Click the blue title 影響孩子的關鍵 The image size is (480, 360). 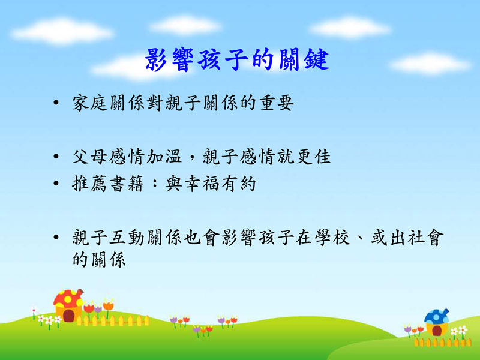(x=237, y=59)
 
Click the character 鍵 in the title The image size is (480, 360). (x=317, y=59)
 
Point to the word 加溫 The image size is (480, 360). (x=164, y=157)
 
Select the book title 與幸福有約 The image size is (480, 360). (x=211, y=184)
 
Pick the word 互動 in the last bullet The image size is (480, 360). (x=127, y=238)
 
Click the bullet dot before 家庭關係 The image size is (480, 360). (x=56, y=103)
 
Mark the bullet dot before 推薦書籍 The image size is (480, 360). (x=56, y=184)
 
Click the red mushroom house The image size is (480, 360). (x=68, y=305)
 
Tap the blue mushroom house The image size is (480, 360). (x=437, y=322)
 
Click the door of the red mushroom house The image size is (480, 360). (x=68, y=316)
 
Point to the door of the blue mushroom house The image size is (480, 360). (x=437, y=331)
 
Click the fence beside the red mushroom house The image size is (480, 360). (x=113, y=320)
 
